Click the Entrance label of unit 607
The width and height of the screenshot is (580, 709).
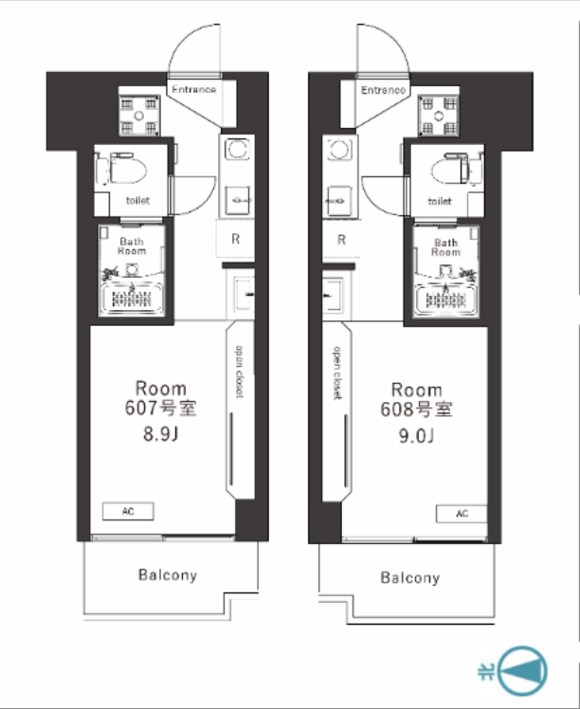194,89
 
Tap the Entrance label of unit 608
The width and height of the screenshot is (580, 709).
384,90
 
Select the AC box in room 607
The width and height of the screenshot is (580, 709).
128,512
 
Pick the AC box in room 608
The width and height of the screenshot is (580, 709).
462,514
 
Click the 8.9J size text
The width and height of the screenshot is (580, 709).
161,434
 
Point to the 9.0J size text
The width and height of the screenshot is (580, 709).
416,436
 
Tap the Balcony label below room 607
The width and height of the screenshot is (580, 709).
168,575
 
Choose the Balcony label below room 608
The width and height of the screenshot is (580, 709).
410,577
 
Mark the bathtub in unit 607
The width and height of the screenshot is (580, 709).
132,298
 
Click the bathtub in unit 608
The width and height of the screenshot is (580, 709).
445,299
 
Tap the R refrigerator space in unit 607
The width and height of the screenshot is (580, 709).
235,239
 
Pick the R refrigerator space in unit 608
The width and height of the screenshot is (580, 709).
341,239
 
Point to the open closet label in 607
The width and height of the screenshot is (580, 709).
240,372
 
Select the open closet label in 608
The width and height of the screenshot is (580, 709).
337,373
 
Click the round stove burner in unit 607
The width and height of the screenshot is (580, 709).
237,149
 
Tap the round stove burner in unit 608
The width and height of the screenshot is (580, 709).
339,149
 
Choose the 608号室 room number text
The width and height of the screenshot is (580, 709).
416,409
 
